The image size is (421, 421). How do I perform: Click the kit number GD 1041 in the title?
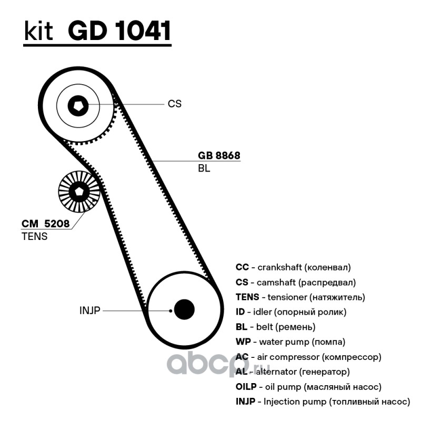(119, 31)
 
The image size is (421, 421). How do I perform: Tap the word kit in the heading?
(38, 31)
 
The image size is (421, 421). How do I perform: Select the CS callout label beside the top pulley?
(175, 104)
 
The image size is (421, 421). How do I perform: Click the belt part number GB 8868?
(219, 155)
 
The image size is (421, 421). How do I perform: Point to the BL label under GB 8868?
(204, 168)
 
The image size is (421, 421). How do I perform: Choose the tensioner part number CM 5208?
(46, 224)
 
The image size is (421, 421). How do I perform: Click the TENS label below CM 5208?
(34, 236)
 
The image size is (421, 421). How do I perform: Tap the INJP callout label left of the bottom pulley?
(89, 310)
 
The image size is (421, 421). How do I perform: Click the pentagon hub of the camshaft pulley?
(78, 106)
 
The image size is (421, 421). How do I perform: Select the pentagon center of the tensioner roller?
(79, 192)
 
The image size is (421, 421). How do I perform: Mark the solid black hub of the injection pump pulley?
(184, 309)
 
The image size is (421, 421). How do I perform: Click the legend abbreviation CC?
(242, 267)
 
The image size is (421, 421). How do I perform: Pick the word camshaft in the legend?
(276, 283)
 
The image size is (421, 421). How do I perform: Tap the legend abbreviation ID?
(240, 312)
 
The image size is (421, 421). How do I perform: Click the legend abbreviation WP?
(243, 342)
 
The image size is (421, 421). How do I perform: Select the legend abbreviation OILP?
(246, 387)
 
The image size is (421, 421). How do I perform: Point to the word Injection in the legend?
(282, 402)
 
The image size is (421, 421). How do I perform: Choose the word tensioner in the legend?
(287, 297)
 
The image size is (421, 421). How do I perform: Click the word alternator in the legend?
(276, 372)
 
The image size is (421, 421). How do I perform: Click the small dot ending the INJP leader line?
(171, 311)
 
